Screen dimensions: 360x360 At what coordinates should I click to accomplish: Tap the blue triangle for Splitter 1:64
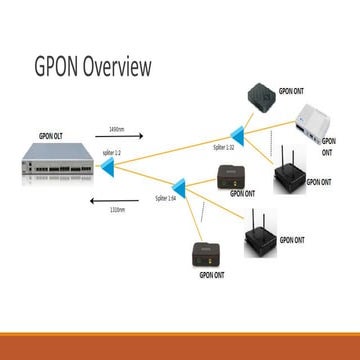[x=180, y=186]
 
